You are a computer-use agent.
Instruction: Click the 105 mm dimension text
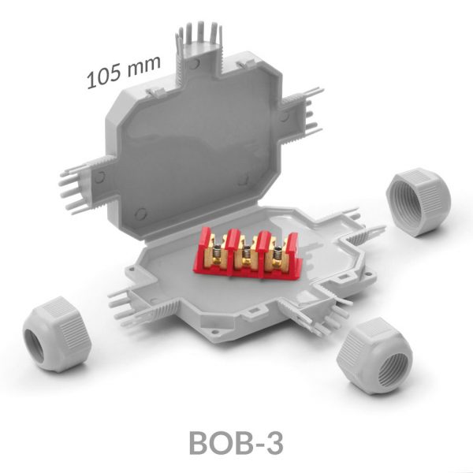coord(124,72)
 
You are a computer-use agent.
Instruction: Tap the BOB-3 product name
coord(236,443)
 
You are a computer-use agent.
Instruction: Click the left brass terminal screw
coord(216,254)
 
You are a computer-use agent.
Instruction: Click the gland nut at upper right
coord(419,202)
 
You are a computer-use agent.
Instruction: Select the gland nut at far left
coord(57,334)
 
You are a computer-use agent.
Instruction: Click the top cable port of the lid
coord(200,48)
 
